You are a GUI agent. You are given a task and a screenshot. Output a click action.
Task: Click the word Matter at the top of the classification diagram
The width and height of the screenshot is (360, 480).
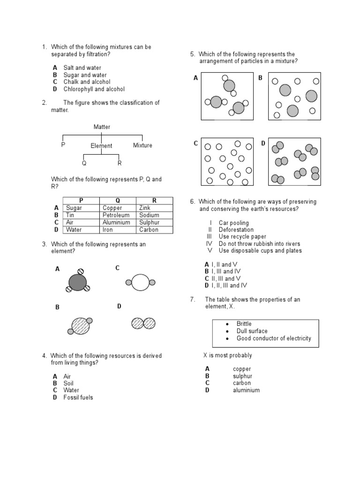point(102,127)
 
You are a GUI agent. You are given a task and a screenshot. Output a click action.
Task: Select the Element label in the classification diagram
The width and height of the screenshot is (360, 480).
point(101,146)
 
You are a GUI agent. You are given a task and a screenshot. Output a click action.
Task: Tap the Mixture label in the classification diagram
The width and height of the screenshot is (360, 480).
point(142,145)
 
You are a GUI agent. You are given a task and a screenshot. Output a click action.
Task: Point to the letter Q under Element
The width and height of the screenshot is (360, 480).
point(84,163)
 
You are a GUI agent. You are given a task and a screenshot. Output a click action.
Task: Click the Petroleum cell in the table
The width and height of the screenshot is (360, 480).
point(115,215)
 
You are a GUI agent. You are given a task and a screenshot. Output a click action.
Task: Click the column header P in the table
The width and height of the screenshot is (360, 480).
point(81,201)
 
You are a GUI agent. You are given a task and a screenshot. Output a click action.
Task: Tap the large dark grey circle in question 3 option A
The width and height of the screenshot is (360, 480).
point(78,282)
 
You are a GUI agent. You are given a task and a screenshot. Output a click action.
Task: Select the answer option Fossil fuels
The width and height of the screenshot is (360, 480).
point(78,397)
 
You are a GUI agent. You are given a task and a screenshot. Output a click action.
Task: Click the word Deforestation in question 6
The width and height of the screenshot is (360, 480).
point(236,230)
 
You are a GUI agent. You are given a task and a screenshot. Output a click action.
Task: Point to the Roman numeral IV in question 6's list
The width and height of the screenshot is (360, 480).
point(209,244)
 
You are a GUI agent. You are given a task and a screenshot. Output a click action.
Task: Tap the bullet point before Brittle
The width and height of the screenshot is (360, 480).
point(227,324)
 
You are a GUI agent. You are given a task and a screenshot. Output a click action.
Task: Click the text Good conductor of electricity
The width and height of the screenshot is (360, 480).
point(273,338)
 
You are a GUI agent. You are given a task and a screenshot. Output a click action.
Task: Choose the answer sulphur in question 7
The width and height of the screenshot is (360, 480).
point(242,376)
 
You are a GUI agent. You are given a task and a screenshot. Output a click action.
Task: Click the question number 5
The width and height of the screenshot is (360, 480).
point(192,54)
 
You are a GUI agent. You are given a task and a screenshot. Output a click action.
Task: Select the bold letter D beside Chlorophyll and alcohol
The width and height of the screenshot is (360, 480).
point(55,89)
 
